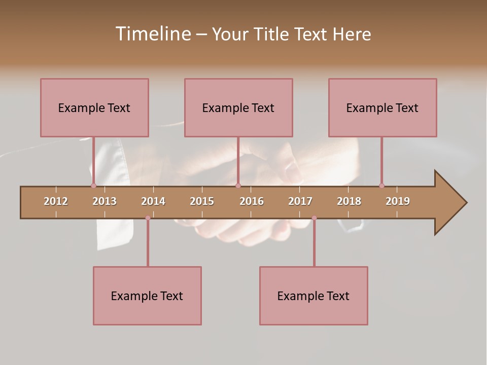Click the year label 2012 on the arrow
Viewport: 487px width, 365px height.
56,201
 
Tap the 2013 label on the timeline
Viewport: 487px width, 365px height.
105,201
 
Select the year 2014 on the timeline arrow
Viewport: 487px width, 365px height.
153,201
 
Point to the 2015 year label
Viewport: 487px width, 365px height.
202,201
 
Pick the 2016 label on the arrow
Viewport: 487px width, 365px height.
252,201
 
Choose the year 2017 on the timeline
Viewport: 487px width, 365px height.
300,201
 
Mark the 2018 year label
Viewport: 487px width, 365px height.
349,201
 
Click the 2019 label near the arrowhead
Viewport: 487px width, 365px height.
398,201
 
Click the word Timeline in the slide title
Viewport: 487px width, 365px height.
153,34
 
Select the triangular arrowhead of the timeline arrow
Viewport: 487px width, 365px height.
449,203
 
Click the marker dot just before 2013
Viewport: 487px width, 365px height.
93,186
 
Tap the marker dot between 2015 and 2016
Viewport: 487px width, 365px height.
238,186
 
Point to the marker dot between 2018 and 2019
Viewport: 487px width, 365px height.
381,186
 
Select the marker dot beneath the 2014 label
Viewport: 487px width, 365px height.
148,218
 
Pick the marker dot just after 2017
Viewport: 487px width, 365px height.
314,218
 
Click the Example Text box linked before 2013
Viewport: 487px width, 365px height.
94,107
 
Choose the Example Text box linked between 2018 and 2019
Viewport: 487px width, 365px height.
382,107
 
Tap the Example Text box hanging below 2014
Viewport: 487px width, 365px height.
147,296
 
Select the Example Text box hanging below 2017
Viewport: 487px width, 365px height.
314,296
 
